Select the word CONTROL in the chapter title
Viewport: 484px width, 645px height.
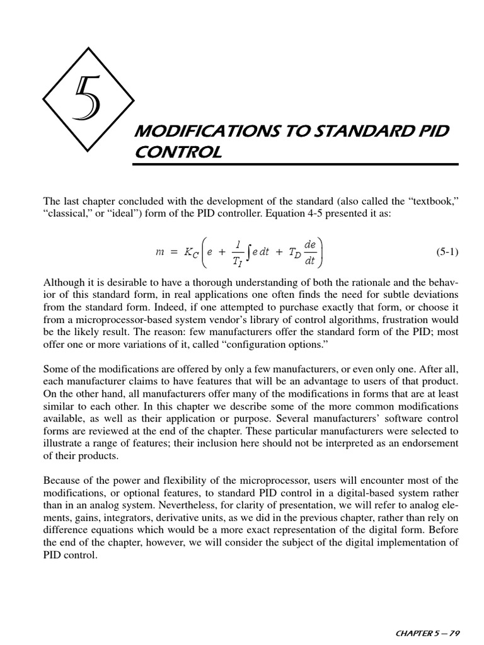pyautogui.click(x=178, y=152)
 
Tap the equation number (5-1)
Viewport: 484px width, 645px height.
pyautogui.click(x=447, y=252)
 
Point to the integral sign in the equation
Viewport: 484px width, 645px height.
pyautogui.click(x=252, y=252)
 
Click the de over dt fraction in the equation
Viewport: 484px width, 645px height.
pyautogui.click(x=310, y=251)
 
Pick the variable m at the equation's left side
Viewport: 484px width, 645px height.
pyautogui.click(x=159, y=252)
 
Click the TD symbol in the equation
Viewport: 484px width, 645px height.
pyautogui.click(x=294, y=253)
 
